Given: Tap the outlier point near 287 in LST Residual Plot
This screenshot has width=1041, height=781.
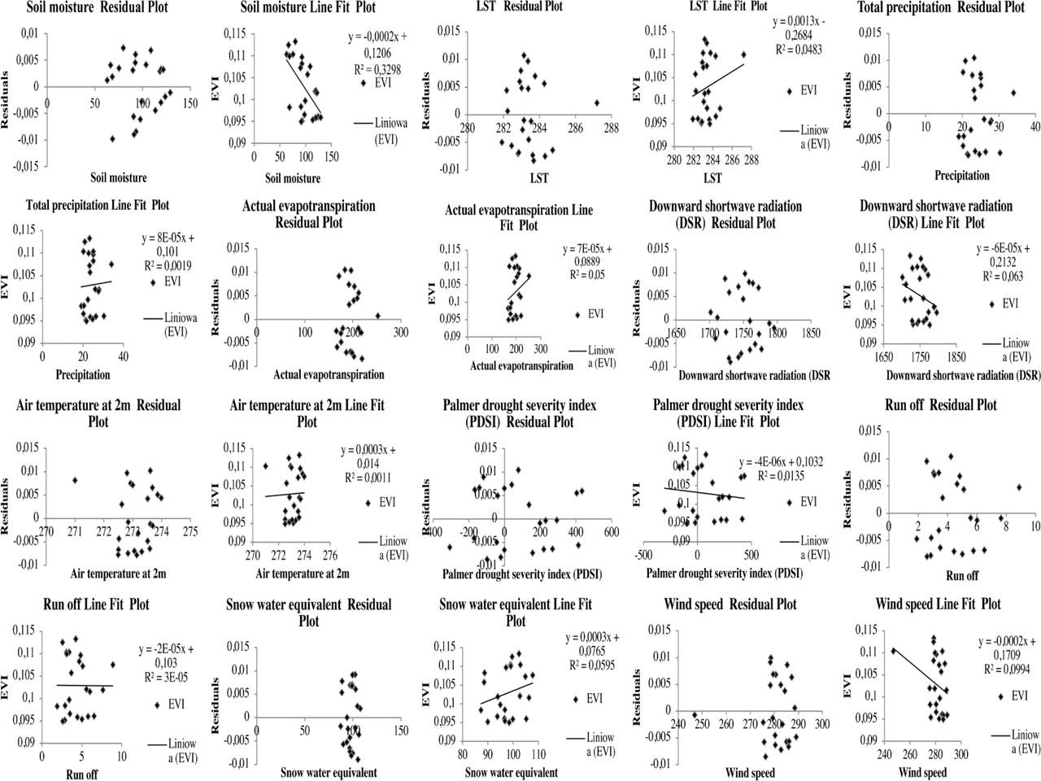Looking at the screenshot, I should coord(596,103).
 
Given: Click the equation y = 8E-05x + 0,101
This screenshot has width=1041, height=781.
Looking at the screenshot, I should coord(170,246).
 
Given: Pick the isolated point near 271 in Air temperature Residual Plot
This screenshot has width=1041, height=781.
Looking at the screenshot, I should coord(75,480).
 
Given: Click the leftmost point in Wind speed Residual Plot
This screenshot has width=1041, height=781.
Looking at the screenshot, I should coord(695,715).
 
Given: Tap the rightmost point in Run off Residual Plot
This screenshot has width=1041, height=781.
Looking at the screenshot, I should coord(1018,487).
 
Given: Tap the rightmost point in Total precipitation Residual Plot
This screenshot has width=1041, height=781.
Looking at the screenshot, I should coord(1013,93).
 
